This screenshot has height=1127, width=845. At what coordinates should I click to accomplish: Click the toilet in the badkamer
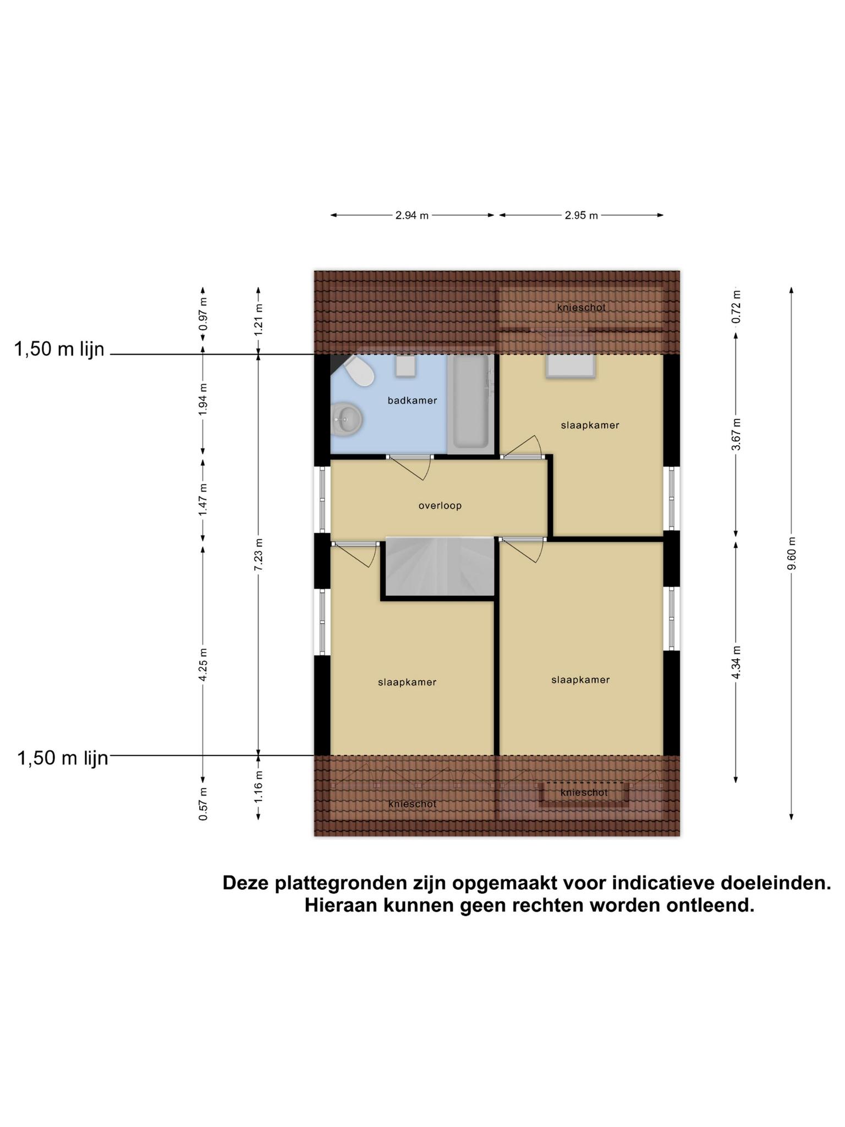click(359, 371)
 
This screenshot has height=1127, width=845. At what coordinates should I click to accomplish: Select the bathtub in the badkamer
click(470, 402)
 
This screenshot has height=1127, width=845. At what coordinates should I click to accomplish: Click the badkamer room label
click(412, 401)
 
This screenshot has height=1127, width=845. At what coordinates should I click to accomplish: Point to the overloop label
click(440, 506)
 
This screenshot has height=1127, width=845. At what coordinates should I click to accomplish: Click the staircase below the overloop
click(440, 567)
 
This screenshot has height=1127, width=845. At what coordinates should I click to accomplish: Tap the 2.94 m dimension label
click(412, 216)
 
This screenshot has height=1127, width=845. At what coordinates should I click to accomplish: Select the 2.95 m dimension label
click(581, 216)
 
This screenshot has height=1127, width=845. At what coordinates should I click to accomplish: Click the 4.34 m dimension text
click(736, 663)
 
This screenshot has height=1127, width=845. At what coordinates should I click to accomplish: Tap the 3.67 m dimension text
click(736, 434)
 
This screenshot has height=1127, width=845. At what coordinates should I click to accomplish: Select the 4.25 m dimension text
click(203, 665)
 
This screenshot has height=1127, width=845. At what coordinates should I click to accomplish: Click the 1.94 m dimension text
click(203, 398)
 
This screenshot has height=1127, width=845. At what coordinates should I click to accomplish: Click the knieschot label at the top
click(581, 308)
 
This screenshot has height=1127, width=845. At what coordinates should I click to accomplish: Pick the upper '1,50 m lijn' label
click(59, 349)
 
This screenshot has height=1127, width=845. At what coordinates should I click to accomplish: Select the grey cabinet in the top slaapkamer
click(570, 366)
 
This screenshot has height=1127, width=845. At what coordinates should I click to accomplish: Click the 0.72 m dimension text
click(736, 307)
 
